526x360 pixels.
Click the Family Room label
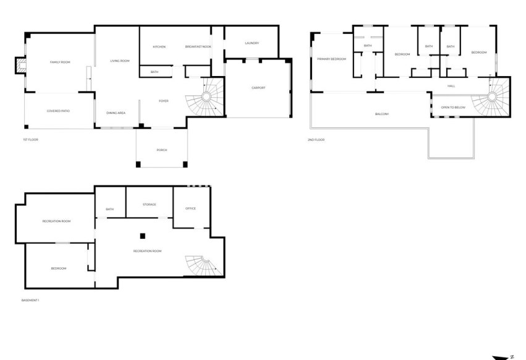(60, 62)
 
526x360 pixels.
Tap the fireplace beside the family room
(20, 65)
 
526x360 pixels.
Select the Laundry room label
(252, 43)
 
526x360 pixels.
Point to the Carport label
(258, 88)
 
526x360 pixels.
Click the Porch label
(162, 150)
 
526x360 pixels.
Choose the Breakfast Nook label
(198, 46)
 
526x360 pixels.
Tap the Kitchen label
(159, 46)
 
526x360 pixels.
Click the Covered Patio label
(58, 111)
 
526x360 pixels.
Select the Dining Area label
(116, 113)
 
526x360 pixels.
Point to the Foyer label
(164, 101)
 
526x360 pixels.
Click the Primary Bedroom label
(331, 59)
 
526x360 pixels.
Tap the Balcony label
(382, 114)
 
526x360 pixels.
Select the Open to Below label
(453, 108)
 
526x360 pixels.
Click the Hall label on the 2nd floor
(452, 86)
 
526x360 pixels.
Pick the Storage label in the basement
(150, 205)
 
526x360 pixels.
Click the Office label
(190, 208)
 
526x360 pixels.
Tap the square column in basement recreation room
(143, 236)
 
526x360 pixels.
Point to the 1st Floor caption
(30, 140)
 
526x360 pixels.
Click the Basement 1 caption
(30, 300)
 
